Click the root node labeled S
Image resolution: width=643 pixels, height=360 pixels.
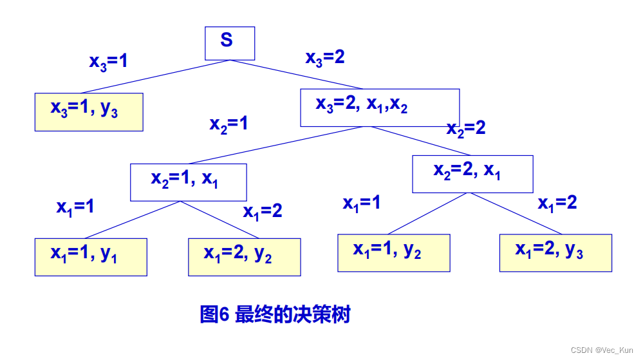click(x=230, y=43)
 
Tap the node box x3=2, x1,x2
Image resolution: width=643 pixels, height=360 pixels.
click(x=380, y=107)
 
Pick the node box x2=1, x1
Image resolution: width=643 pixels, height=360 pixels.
click(x=188, y=182)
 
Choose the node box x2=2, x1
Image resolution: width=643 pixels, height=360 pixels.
click(x=472, y=173)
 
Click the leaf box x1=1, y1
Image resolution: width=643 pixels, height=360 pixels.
click(x=91, y=257)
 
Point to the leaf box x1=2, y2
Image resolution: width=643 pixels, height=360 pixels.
click(x=244, y=257)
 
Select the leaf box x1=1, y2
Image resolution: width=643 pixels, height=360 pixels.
click(x=393, y=252)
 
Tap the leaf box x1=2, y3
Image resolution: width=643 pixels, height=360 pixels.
click(x=555, y=252)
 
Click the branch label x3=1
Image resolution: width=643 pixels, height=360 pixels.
click(x=108, y=62)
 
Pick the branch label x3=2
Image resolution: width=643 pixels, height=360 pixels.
click(x=324, y=58)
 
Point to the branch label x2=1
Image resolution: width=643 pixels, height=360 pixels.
click(x=228, y=124)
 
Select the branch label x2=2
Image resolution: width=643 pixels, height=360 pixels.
click(x=466, y=128)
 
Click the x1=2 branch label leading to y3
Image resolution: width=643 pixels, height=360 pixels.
click(x=557, y=204)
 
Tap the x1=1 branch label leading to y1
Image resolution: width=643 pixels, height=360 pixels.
click(x=75, y=207)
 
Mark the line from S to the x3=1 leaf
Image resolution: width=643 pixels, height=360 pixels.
click(x=154, y=77)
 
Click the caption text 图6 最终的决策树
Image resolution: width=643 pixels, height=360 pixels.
click(x=275, y=315)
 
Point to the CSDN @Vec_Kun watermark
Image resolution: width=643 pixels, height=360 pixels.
click(x=602, y=350)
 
